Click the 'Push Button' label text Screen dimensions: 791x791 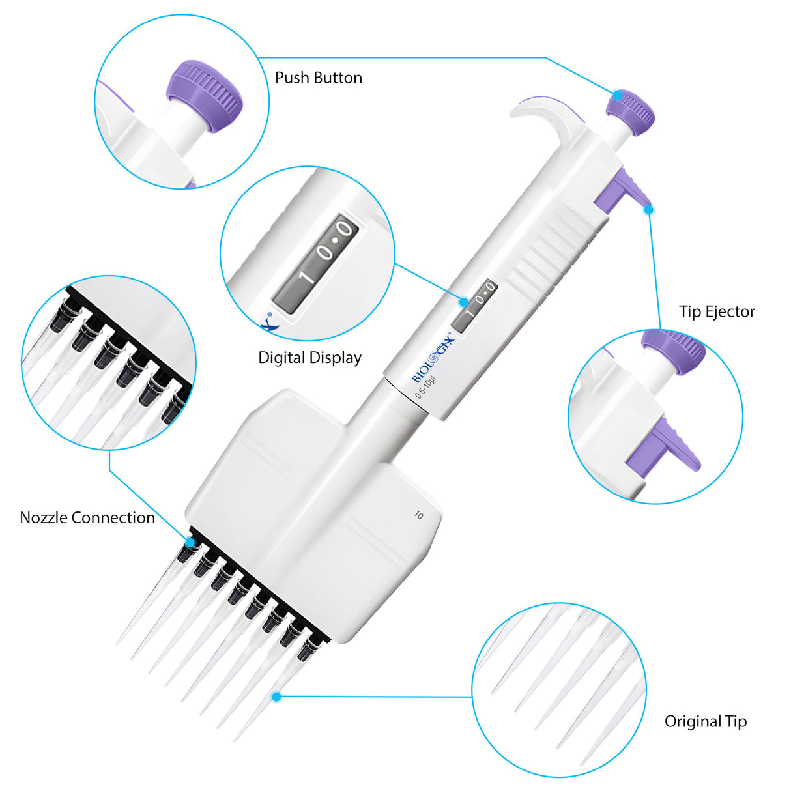pos(318,78)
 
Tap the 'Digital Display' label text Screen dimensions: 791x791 pos(309,358)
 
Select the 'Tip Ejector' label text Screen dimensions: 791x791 pos(717,311)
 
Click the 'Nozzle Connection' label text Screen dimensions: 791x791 pos(87,518)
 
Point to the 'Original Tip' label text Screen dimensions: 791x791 pos(706,721)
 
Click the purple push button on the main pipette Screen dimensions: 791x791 pos(630,111)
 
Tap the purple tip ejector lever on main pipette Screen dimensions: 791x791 pos(623,192)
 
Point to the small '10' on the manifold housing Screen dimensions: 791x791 pos(418,515)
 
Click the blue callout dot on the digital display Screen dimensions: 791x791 pos(463,302)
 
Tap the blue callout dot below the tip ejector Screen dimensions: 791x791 pos(649,209)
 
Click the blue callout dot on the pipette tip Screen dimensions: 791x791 pos(276,697)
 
